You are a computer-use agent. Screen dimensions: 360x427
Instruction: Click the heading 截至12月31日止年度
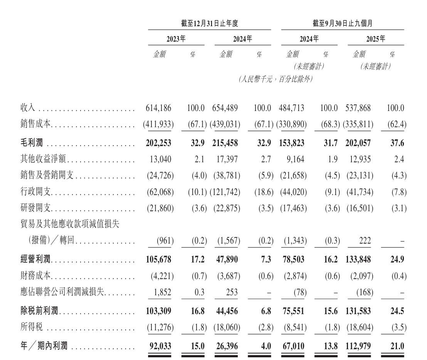210,24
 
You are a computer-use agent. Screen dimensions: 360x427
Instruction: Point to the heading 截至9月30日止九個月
342,24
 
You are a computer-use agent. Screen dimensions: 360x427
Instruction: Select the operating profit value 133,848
358,259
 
